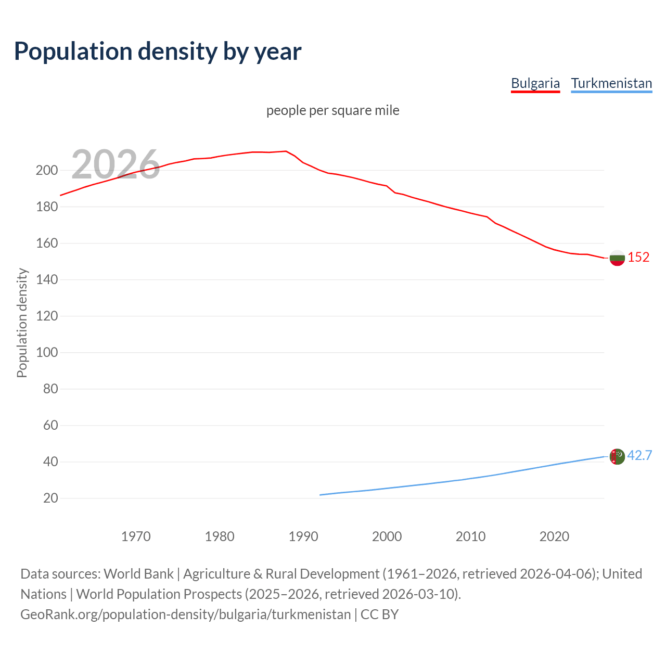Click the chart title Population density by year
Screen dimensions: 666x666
tap(158, 52)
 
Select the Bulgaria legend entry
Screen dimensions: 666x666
tap(535, 83)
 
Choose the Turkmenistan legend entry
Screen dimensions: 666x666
tap(611, 83)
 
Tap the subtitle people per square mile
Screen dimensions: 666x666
tap(332, 110)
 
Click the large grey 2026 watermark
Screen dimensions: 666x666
tap(116, 164)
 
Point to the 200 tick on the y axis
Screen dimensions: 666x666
tap(46, 170)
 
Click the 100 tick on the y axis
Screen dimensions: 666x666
tap(46, 352)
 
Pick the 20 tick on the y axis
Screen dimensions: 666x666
tap(50, 498)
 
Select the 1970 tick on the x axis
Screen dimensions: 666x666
tap(136, 536)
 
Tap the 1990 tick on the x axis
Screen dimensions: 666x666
tap(303, 536)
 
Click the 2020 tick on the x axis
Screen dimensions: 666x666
tap(554, 536)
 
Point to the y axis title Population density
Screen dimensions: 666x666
tap(22, 323)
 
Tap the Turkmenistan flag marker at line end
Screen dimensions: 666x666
tap(617, 456)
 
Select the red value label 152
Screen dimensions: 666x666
tap(638, 257)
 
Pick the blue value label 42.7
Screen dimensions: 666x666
tap(639, 455)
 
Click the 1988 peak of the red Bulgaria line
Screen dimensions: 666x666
tap(286, 151)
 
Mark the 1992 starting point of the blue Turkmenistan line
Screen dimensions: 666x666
tap(321, 495)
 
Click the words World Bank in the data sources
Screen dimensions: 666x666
tap(138, 574)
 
